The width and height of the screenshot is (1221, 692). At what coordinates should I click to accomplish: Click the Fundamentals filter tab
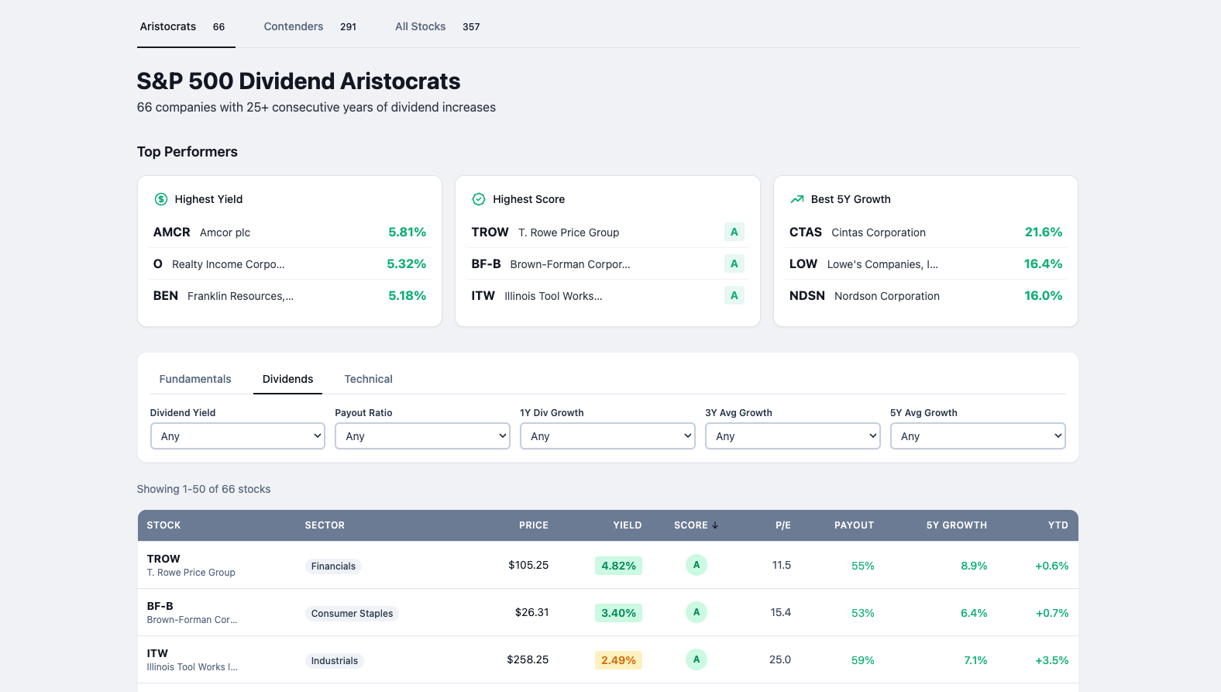(195, 379)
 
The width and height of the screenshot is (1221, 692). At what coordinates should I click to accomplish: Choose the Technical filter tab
(368, 379)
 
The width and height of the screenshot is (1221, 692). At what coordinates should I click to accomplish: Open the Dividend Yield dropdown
(237, 436)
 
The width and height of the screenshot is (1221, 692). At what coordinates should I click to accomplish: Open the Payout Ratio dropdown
(422, 436)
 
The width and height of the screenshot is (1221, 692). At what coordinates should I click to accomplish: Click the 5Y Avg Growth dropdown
(978, 436)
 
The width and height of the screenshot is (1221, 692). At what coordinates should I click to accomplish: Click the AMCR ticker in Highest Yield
(171, 232)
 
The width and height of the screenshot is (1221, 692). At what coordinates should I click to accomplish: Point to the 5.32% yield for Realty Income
(406, 264)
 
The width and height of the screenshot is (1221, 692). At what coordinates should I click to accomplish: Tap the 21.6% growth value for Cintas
(1043, 232)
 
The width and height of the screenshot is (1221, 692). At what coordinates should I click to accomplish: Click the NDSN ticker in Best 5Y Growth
(807, 296)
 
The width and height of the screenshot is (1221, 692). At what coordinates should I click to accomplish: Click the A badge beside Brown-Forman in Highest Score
(734, 264)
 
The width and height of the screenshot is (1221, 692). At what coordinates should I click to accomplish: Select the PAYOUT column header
(854, 525)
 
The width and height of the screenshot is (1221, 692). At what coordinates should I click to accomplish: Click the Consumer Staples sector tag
(352, 614)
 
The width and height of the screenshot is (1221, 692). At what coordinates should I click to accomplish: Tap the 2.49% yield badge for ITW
(618, 660)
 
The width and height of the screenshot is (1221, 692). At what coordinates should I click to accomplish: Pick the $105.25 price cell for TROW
(528, 566)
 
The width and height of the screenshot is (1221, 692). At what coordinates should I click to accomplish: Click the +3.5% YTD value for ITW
(1051, 660)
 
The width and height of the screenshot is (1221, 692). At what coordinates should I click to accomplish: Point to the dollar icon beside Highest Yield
(161, 199)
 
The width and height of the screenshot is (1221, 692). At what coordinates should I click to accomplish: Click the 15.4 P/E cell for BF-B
(780, 613)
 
